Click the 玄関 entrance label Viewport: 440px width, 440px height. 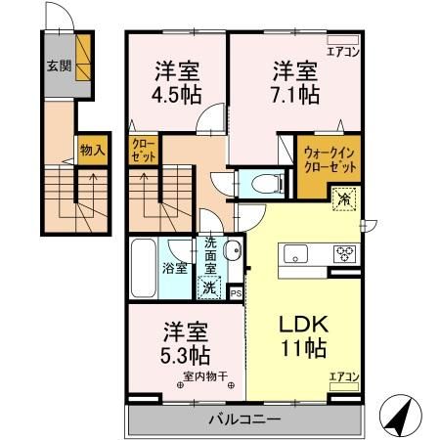58,67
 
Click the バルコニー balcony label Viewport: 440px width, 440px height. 243,420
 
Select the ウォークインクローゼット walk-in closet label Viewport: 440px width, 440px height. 328,158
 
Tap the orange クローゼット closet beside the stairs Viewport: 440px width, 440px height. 143,151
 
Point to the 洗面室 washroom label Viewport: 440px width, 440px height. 210,255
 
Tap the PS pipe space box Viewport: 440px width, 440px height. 236,290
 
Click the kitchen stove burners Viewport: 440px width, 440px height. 346,253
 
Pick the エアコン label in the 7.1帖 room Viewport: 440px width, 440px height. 343,52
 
